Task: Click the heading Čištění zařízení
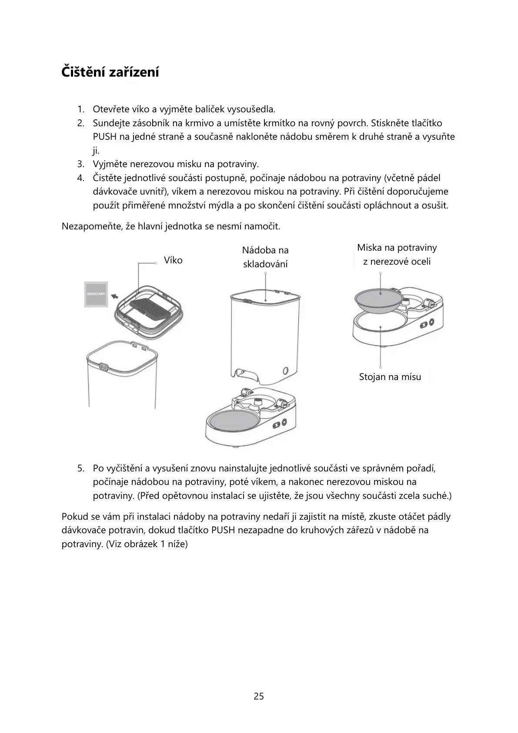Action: (110, 72)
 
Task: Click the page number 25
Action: (259, 696)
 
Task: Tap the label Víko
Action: (173, 260)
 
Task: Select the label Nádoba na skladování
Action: (265, 257)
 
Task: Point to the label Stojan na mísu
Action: (390, 377)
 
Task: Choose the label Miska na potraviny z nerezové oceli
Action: (397, 254)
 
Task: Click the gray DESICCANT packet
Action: (96, 294)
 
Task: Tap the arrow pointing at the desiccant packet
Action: (115, 296)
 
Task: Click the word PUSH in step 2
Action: (104, 137)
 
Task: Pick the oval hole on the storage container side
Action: (285, 371)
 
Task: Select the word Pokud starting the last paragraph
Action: (74, 517)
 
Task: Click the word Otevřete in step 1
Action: (111, 109)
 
